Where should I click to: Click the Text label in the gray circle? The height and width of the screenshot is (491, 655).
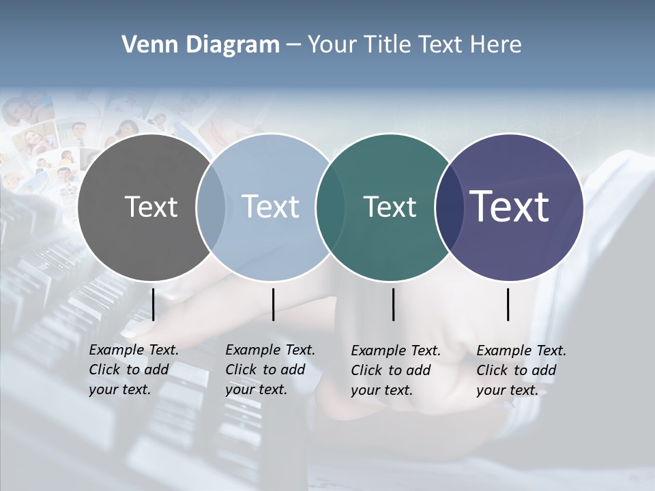[151, 207]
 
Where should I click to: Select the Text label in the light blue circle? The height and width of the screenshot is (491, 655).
[270, 207]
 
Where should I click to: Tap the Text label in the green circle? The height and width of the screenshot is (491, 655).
[390, 207]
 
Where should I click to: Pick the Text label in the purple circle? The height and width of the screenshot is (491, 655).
[510, 207]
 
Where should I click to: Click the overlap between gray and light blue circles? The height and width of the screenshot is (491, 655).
[211, 207]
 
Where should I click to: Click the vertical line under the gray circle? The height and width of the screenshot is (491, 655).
[154, 304]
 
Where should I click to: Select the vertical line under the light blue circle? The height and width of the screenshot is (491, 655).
[273, 304]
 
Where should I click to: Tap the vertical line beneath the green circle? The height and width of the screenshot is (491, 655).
[393, 304]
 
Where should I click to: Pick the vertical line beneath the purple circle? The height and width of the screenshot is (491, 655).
[508, 304]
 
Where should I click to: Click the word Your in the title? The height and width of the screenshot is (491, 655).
[333, 45]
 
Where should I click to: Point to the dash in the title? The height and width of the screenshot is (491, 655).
[293, 46]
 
